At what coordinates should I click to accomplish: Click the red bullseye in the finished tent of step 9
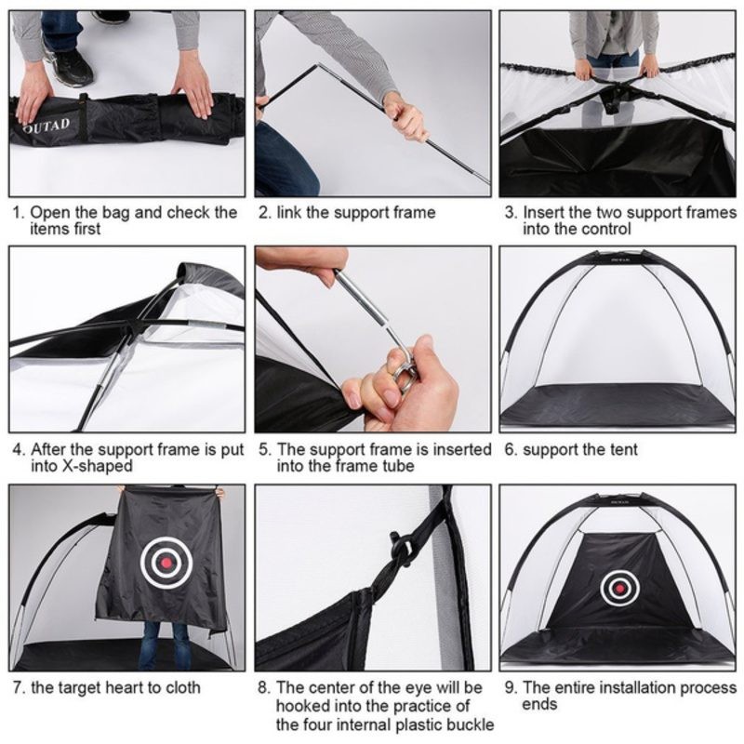[617, 587]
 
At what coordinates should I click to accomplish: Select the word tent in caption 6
[621, 450]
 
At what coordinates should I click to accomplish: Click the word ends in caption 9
[540, 704]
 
